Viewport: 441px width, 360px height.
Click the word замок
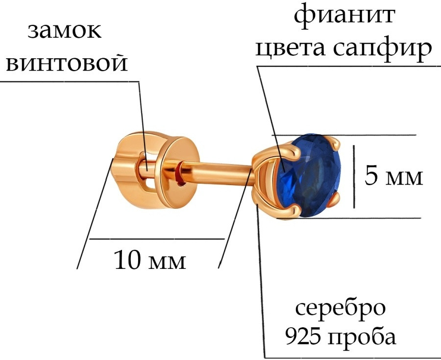tap(64, 31)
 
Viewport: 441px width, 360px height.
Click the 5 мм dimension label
tap(393, 177)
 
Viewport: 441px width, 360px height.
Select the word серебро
tap(341, 308)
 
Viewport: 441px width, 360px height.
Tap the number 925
tap(303, 336)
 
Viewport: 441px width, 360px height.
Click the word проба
tap(363, 336)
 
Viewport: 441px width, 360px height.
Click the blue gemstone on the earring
tap(309, 176)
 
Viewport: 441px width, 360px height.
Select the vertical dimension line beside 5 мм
tap(354, 177)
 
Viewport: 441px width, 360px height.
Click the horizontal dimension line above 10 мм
tap(157, 239)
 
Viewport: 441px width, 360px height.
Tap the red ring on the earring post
tap(179, 173)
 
